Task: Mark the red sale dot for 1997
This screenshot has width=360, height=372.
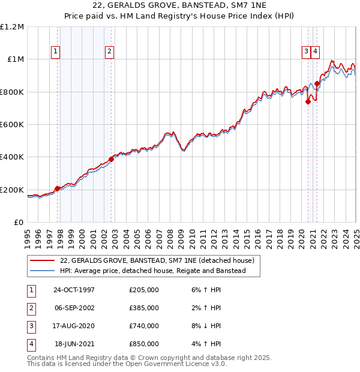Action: click(58, 188)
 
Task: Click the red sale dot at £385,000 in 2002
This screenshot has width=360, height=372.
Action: click(111, 160)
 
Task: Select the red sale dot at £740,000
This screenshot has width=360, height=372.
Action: click(308, 101)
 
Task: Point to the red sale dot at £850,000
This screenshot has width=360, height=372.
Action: click(317, 83)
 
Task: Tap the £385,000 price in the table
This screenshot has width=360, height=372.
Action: click(143, 308)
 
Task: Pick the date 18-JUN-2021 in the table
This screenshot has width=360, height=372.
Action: click(74, 344)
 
